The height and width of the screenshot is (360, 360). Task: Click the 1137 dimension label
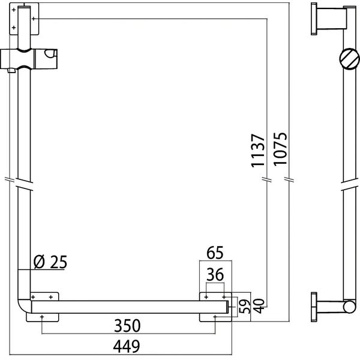tap(258, 151)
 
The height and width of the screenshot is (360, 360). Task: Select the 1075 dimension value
tap(280, 149)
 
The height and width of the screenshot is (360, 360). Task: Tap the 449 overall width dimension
tap(127, 347)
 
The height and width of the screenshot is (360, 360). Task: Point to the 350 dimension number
tap(127, 326)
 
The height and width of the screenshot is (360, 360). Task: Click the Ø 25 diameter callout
tap(50, 262)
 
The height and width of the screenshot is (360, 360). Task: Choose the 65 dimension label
tap(215, 253)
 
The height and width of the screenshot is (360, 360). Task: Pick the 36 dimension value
tap(215, 275)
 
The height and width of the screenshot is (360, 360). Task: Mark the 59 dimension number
tap(245, 307)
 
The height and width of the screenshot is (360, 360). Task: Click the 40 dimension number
tap(259, 306)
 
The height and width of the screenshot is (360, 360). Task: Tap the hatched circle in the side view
tap(349, 59)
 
